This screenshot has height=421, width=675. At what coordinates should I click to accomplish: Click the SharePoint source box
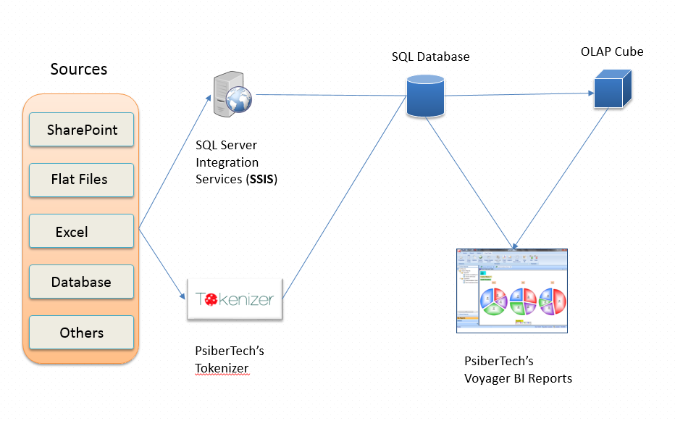[82, 130]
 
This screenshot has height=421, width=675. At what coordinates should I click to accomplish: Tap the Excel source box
[82, 232]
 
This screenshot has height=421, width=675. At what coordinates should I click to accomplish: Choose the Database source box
[82, 283]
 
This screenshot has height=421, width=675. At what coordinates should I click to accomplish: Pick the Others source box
[82, 333]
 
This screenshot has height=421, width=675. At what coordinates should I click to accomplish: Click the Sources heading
[78, 70]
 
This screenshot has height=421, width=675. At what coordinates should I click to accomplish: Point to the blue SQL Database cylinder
[425, 96]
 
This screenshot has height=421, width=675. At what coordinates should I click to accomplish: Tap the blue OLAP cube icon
[613, 88]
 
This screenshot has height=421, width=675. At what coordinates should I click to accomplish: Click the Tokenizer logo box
[235, 299]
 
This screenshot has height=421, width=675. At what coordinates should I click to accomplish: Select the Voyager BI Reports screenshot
[511, 291]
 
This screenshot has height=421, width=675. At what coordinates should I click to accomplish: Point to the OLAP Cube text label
[611, 51]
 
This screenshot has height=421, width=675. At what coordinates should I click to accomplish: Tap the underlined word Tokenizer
[222, 368]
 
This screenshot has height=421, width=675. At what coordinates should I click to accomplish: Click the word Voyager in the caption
[487, 378]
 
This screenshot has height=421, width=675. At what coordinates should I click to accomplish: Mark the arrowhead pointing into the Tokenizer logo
[181, 296]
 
